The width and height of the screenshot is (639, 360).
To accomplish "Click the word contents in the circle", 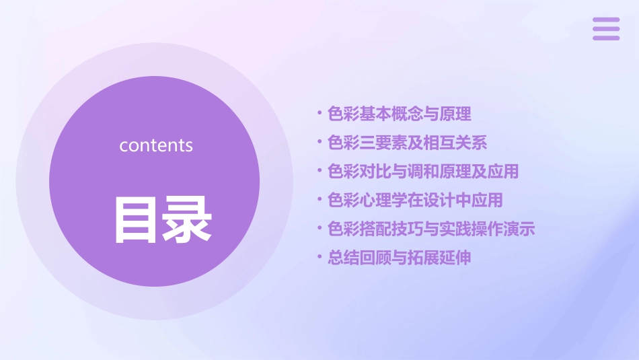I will (156, 145).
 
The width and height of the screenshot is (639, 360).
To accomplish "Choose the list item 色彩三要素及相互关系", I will (407, 143).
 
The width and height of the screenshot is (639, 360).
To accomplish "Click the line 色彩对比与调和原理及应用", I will (423, 172).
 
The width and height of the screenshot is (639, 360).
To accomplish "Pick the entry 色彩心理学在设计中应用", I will (415, 200).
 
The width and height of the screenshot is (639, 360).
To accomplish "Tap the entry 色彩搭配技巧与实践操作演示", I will (431, 229).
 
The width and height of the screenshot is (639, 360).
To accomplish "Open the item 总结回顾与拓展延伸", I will (399, 258).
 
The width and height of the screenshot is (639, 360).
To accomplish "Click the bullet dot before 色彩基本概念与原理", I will (319, 114).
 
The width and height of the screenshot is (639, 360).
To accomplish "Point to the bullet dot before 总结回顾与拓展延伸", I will (319, 257).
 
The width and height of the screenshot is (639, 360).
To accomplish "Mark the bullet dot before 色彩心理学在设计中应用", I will (319, 199).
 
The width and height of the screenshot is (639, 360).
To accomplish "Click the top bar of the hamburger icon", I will (606, 20).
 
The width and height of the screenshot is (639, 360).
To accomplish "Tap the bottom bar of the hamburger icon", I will (606, 38).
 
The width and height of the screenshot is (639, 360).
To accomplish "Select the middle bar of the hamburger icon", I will (606, 29).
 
